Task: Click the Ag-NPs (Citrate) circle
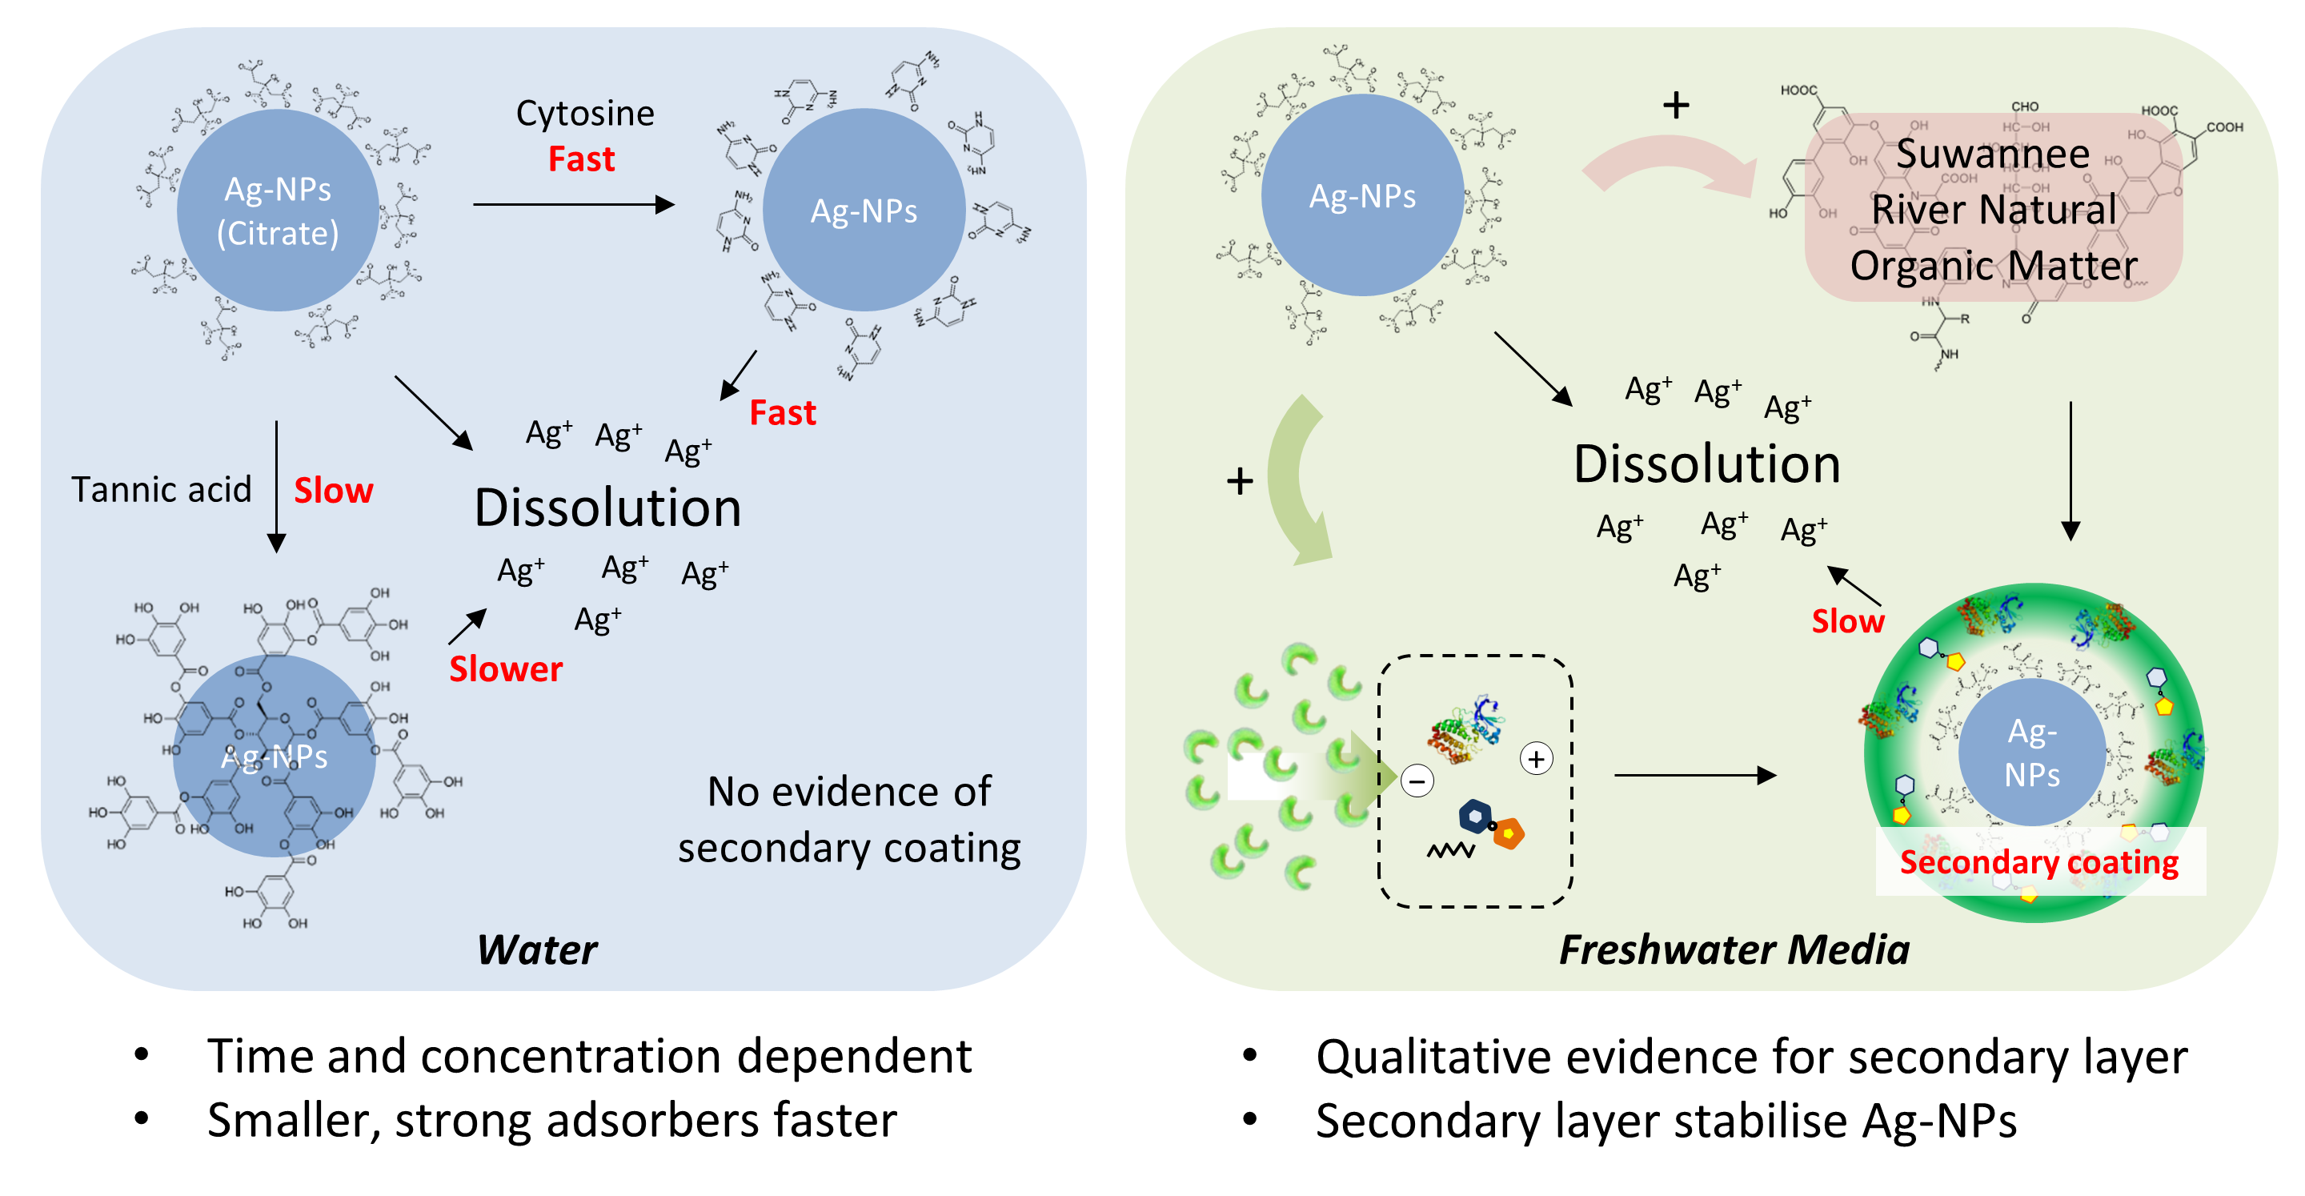pos(278,211)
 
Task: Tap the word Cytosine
pos(585,114)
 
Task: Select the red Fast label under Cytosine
pos(582,159)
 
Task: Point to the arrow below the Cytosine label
pos(573,205)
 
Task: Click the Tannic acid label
pos(161,490)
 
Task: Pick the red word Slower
pos(506,669)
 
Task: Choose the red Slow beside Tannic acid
pos(333,491)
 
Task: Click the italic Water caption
pos(537,949)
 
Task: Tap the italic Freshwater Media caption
pos(1734,949)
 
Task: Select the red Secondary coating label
pos(2038,862)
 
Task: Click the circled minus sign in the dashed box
pos(1417,781)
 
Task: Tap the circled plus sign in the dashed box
pos(1537,759)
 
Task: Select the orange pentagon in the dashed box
pos(1509,833)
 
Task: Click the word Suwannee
pos(1993,154)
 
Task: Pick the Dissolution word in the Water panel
pos(607,508)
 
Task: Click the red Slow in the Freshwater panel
pos(1848,621)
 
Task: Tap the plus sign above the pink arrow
pos(1676,106)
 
